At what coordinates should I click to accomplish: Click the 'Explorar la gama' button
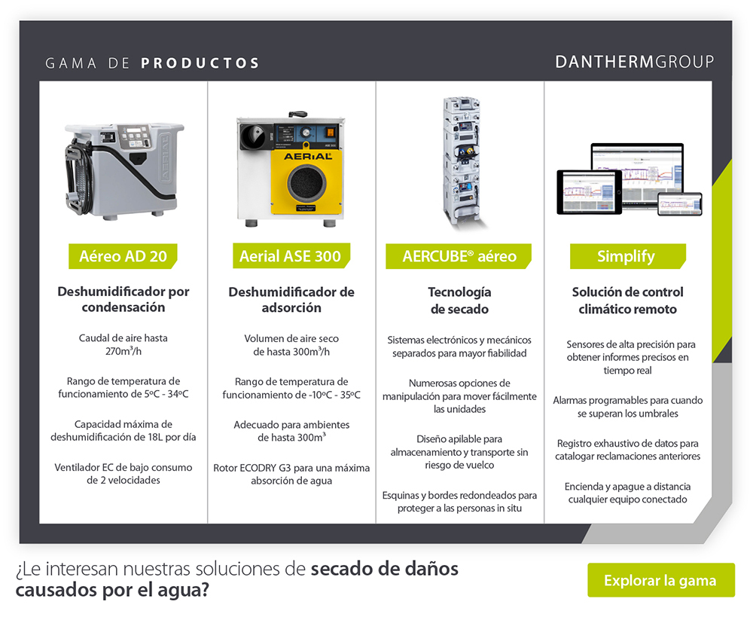pos(660,580)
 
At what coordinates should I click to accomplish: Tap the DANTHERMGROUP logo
pos(634,62)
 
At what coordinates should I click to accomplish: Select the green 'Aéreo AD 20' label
pos(123,256)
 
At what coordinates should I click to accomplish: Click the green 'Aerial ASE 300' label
pos(290,256)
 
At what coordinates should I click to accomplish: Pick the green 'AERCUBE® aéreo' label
pos(459,256)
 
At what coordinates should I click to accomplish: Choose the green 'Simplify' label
pos(626,256)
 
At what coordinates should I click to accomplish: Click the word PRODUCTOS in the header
pos(200,63)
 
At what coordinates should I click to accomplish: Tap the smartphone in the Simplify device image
pos(679,203)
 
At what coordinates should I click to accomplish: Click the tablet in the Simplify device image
pos(589,192)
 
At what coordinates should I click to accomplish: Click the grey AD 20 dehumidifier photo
pos(122,170)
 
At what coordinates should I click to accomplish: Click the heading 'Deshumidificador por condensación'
pos(123,299)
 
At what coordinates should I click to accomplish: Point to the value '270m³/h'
pos(123,351)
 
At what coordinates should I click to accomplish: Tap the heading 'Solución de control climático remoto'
pos(627,300)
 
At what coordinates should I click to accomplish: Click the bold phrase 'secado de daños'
pos(384,569)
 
